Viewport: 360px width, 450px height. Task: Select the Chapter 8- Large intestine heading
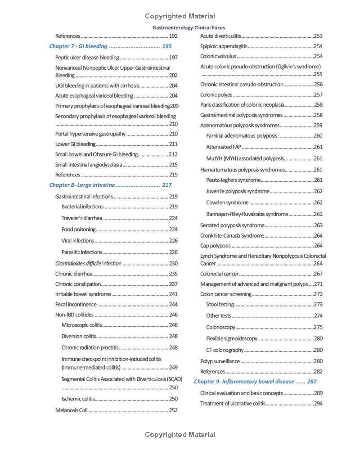tap(82, 185)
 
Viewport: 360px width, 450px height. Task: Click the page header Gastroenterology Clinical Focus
tap(189, 28)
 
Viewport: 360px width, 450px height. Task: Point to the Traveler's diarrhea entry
tap(82, 218)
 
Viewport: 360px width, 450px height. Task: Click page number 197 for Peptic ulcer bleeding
tap(173, 58)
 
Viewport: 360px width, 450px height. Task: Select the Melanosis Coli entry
tap(71, 410)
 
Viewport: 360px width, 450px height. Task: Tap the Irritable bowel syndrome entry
tap(83, 294)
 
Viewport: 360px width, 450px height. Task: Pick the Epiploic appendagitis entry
tap(224, 46)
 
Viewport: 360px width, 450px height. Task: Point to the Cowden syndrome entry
tap(227, 203)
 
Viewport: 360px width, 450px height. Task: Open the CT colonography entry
tap(225, 350)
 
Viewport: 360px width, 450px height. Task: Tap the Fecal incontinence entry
tap(76, 305)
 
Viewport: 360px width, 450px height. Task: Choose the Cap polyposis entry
tap(216, 246)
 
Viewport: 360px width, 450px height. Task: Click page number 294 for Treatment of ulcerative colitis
tap(318, 404)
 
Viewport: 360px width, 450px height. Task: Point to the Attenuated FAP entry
tap(224, 147)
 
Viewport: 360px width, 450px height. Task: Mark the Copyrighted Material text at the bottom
tap(180, 435)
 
